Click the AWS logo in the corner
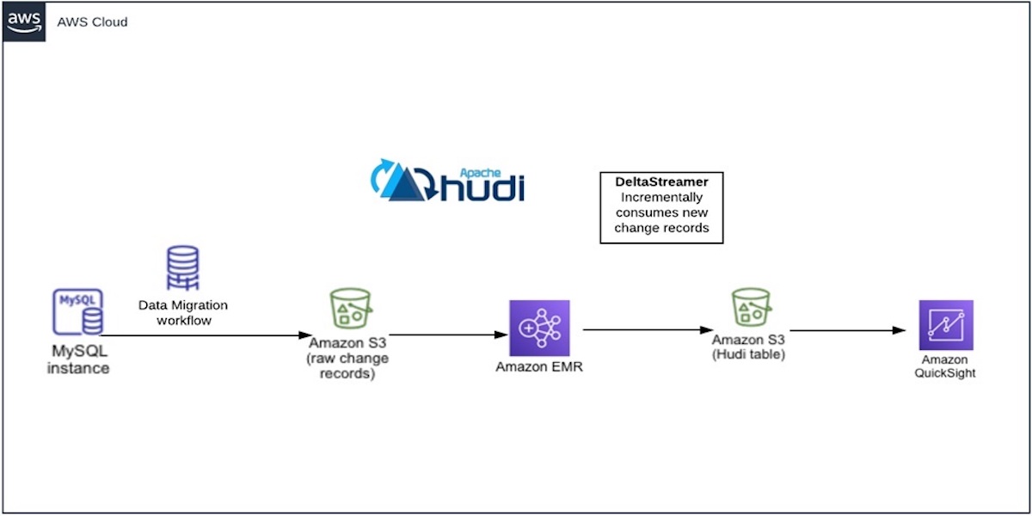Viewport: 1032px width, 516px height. coord(24,21)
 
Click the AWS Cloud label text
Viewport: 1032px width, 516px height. coord(92,21)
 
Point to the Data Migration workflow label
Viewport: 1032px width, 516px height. coord(182,312)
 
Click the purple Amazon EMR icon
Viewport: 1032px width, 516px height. coord(539,328)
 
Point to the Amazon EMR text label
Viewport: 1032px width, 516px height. coord(539,367)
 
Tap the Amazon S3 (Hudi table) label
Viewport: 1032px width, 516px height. coord(748,347)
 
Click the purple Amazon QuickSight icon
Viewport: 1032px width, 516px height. coord(945,325)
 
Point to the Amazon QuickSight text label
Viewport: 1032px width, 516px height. coord(945,366)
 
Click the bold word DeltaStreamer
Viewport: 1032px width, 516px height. coord(660,183)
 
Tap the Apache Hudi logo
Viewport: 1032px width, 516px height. coord(447,180)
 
